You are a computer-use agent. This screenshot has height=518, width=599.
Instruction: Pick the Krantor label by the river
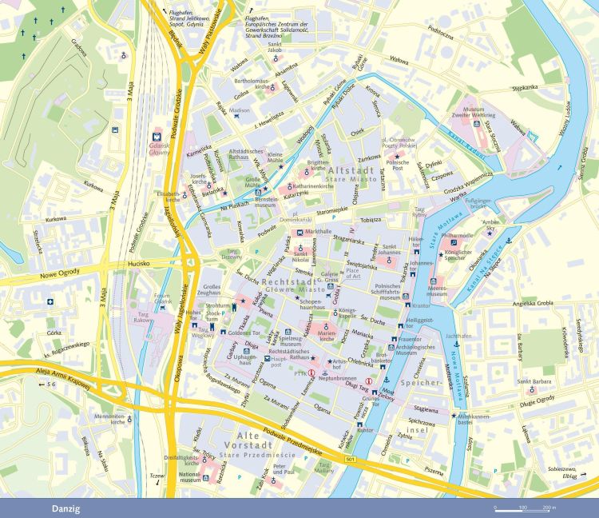(x=421, y=305)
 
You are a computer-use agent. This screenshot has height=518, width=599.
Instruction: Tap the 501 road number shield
(x=350, y=460)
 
